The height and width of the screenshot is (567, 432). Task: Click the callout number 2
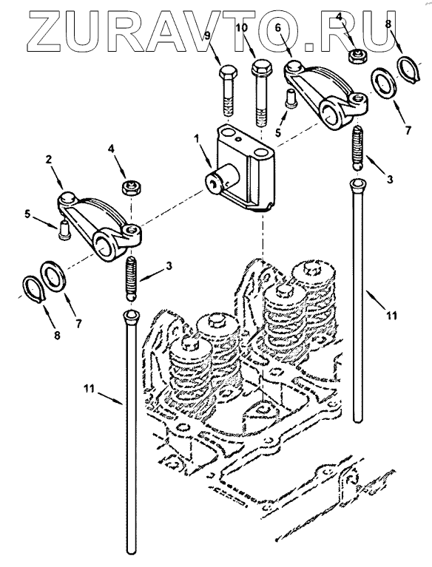tap(49, 160)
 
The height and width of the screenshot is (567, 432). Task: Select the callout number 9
tap(207, 35)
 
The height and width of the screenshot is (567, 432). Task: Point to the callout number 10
tap(243, 27)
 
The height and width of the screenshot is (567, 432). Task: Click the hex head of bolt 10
tap(261, 67)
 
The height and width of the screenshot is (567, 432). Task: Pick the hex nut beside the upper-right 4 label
tap(357, 56)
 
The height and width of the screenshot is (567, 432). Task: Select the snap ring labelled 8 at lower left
tap(34, 288)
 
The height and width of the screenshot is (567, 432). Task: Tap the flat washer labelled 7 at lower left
tap(53, 274)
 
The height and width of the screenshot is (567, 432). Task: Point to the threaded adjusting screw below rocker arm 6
tap(357, 148)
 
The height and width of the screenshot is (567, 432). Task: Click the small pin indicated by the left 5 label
tap(64, 229)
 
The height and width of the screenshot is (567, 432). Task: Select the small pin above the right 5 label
tap(291, 98)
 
